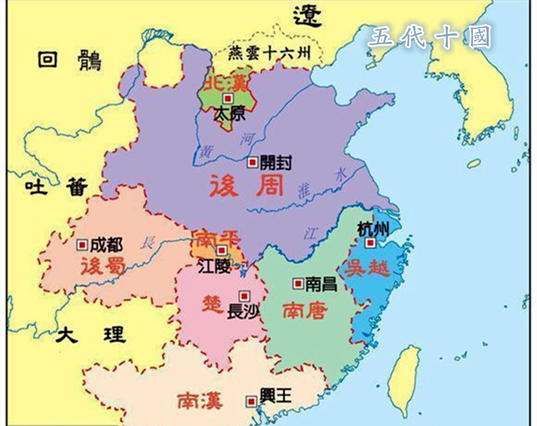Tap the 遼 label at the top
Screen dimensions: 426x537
pos(306,14)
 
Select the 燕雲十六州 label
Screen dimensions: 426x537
pos(270,54)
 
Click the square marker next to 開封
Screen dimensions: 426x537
pos(253,161)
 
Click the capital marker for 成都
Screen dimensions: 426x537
pos(82,244)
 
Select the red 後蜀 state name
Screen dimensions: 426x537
pos(104,265)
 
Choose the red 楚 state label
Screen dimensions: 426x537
pos(212,299)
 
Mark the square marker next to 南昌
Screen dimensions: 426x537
pos(297,283)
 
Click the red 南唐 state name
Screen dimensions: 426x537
pos(304,310)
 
